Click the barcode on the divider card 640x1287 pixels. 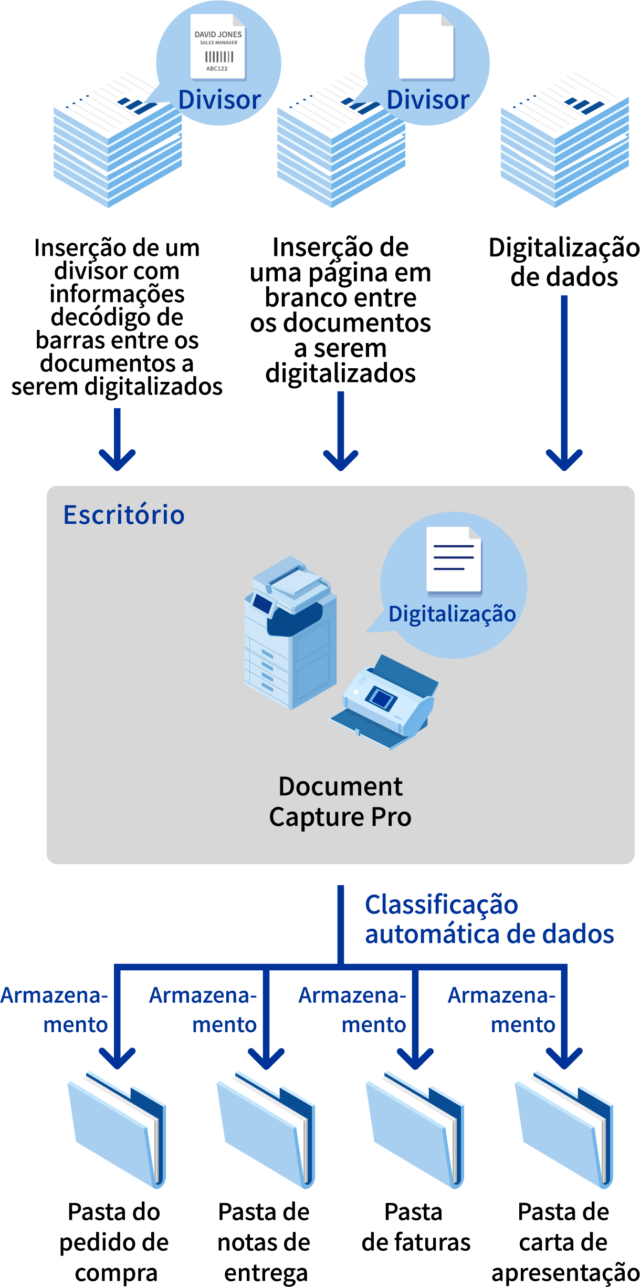pyautogui.click(x=219, y=57)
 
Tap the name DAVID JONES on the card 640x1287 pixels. pyautogui.click(x=218, y=35)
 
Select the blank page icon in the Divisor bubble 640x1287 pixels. pyautogui.click(x=426, y=46)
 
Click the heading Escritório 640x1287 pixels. pyautogui.click(x=124, y=515)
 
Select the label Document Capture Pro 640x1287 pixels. pyautogui.click(x=340, y=802)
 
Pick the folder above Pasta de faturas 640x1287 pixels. pyautogui.click(x=415, y=1129)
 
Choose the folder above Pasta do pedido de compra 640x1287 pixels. pyautogui.click(x=117, y=1129)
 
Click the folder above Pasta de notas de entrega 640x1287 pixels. pyautogui.click(x=266, y=1129)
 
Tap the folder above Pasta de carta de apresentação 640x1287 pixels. pyautogui.click(x=564, y=1129)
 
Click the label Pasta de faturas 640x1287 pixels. pyautogui.click(x=415, y=1227)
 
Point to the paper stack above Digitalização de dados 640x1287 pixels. pyautogui.click(x=564, y=142)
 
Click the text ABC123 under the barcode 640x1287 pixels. pyautogui.click(x=217, y=69)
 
